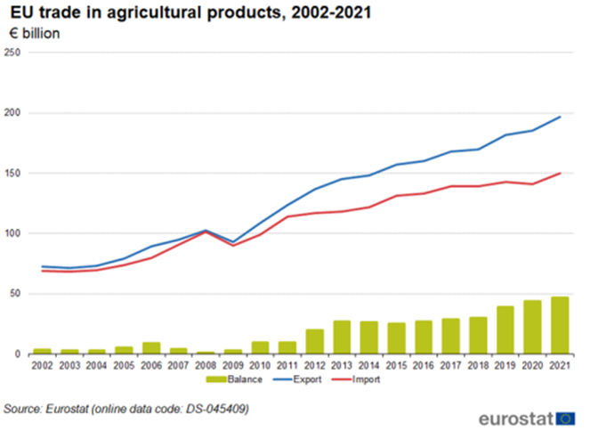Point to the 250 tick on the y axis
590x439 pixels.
pyautogui.click(x=12, y=53)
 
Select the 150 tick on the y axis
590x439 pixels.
pyautogui.click(x=12, y=174)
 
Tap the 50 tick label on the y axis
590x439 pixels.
pyautogui.click(x=14, y=294)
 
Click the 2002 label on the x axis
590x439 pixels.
pyautogui.click(x=42, y=366)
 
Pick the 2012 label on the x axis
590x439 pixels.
pyautogui.click(x=315, y=366)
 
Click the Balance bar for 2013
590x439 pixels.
pyautogui.click(x=343, y=337)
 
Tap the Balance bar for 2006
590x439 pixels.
pyautogui.click(x=151, y=348)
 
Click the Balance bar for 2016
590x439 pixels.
pyautogui.click(x=424, y=337)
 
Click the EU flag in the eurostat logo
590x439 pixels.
pyautogui.click(x=565, y=418)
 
